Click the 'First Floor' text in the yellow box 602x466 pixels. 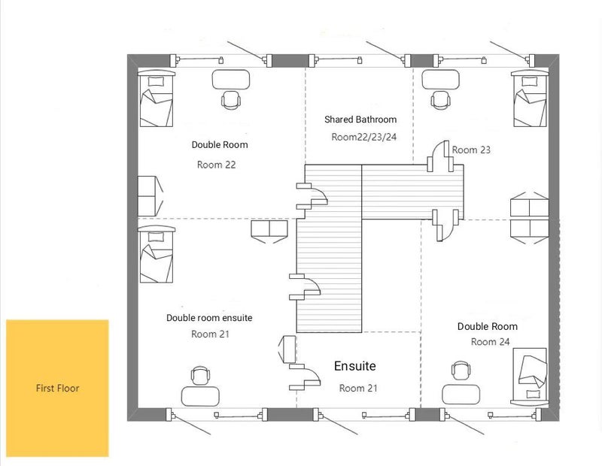[x=57, y=389]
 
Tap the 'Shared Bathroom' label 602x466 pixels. [x=360, y=120]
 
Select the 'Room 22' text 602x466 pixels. [x=216, y=164]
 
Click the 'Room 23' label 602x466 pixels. [x=471, y=150]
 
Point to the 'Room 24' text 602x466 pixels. [x=489, y=342]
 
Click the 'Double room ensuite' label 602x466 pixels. [x=209, y=318]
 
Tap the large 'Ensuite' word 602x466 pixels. [x=354, y=366]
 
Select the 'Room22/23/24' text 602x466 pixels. [x=363, y=137]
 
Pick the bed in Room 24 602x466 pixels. [x=533, y=374]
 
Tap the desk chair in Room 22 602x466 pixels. [x=231, y=100]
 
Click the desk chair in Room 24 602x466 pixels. [x=460, y=371]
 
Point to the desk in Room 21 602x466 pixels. [x=200, y=395]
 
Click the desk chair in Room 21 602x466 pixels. [x=199, y=376]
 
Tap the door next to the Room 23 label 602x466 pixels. [x=437, y=156]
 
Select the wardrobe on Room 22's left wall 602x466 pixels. [x=148, y=195]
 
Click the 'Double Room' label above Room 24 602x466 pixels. [x=488, y=326]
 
